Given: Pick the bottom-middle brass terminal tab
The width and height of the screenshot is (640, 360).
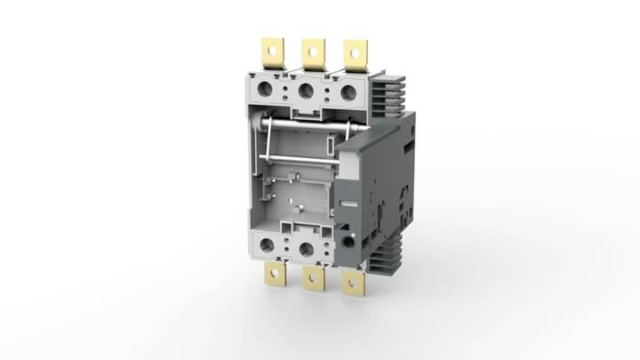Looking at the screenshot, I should (313, 278).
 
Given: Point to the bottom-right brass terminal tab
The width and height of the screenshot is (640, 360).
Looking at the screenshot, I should (355, 282).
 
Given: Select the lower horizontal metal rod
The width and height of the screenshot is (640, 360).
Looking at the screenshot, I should (298, 159).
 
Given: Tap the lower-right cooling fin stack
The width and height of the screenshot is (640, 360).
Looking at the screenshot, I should (392, 257).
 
